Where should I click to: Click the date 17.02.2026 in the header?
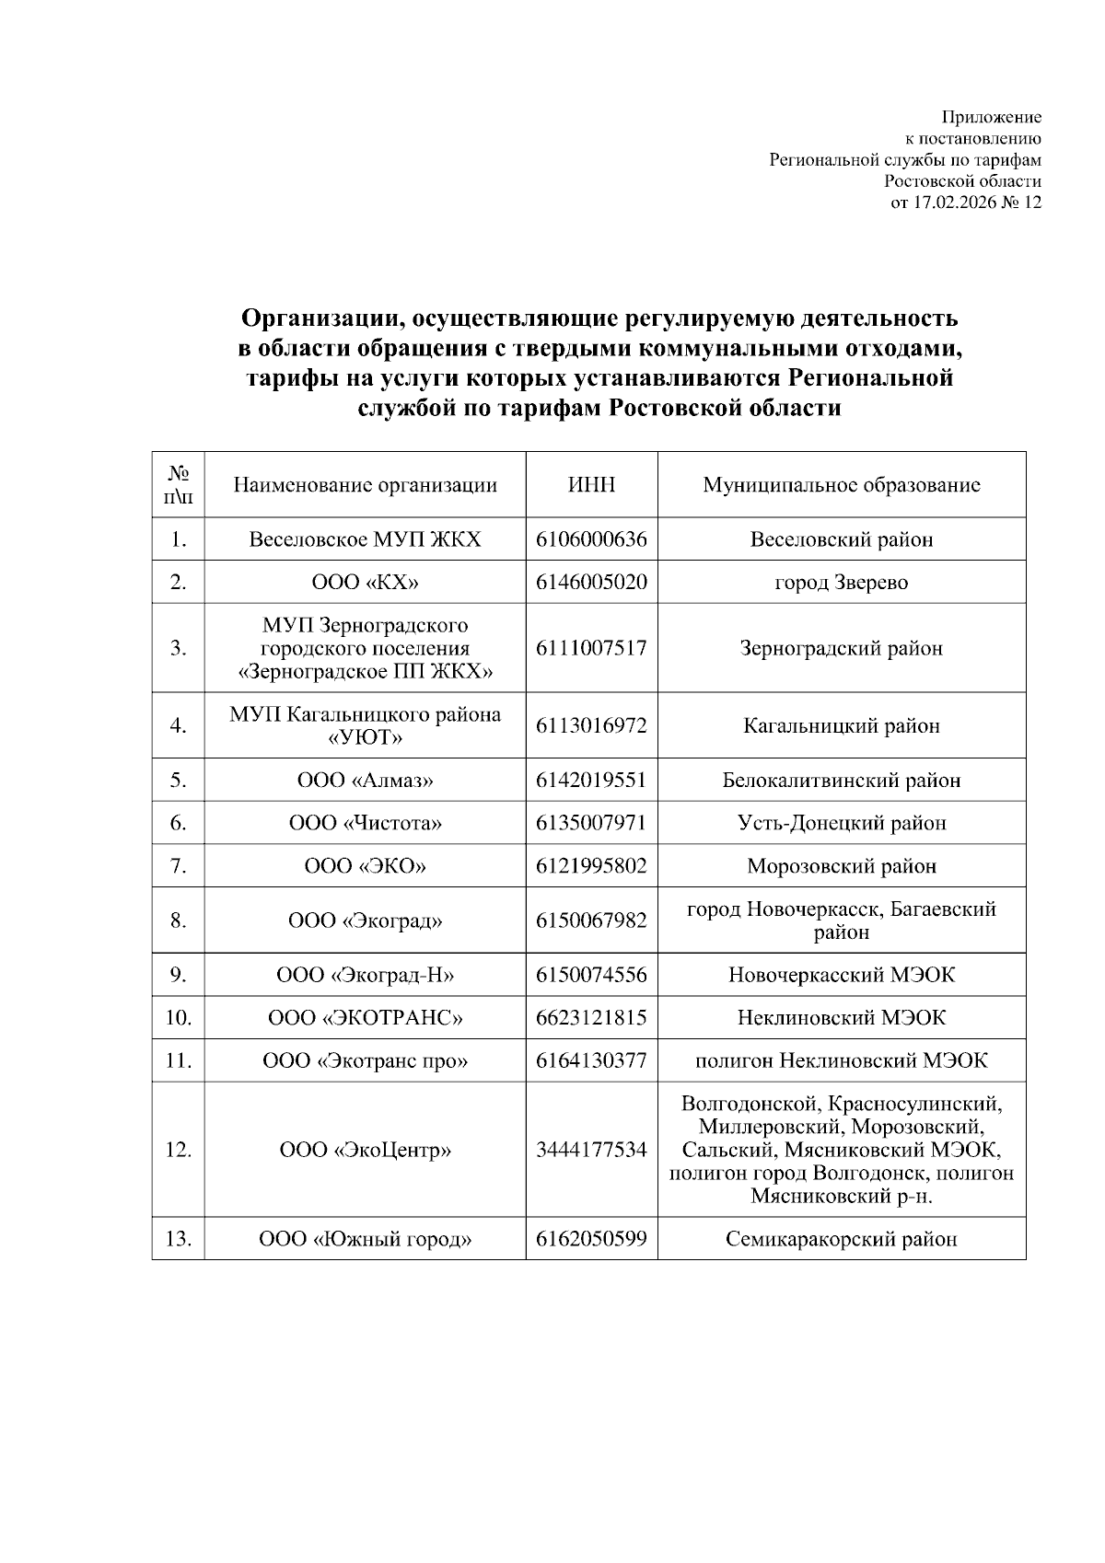(955, 203)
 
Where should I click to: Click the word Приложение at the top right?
(991, 117)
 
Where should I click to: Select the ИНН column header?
(591, 485)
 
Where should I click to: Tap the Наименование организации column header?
(365, 485)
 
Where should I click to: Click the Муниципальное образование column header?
(841, 485)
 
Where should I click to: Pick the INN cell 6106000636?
(591, 539)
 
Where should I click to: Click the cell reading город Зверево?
(841, 583)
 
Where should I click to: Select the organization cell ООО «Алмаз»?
(365, 781)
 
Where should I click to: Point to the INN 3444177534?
(591, 1150)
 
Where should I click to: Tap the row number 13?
(178, 1239)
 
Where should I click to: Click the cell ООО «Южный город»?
(365, 1239)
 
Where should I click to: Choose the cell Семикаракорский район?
(841, 1239)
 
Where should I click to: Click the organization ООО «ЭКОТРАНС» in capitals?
(365, 1018)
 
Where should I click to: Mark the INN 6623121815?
(591, 1018)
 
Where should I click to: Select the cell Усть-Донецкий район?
(841, 823)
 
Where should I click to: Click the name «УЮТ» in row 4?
(365, 738)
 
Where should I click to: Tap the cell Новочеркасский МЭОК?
(841, 975)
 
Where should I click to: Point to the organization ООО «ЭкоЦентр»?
(365, 1150)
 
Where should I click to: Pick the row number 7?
(178, 866)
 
